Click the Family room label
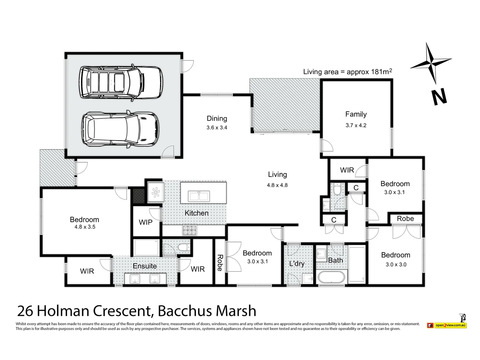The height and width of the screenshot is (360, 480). point(356,114)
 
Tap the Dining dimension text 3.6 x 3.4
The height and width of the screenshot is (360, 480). point(217,128)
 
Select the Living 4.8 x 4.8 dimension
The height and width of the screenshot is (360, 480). point(277,185)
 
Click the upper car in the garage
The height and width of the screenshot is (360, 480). point(120,82)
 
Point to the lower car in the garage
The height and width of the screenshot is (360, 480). point(120,129)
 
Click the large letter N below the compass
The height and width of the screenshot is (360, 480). point(439,97)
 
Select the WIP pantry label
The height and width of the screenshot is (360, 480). point(146,222)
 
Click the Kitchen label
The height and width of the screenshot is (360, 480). point(197,213)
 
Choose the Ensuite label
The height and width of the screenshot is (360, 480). point(145,266)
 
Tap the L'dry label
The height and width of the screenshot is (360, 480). point(297,264)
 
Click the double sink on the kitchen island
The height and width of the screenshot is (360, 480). point(199,196)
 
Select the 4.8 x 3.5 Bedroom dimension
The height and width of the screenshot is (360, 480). point(85,227)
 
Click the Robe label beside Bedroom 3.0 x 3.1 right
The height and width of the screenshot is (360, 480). point(405,219)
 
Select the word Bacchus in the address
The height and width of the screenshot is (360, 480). point(185,311)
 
